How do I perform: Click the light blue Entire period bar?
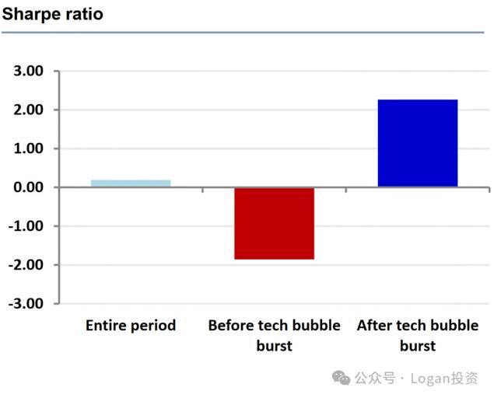click(131, 183)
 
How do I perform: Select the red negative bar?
click(274, 223)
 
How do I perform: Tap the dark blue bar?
click(417, 143)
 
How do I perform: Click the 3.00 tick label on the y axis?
click(27, 72)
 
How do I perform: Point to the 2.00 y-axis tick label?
click(27, 110)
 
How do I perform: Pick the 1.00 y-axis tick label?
click(27, 148)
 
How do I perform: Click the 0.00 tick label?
click(27, 187)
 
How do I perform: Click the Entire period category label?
click(131, 326)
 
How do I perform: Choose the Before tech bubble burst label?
click(274, 335)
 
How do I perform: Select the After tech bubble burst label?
click(418, 335)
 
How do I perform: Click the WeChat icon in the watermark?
click(340, 378)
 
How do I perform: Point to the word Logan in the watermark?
click(429, 379)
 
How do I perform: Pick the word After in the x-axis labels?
click(373, 326)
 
